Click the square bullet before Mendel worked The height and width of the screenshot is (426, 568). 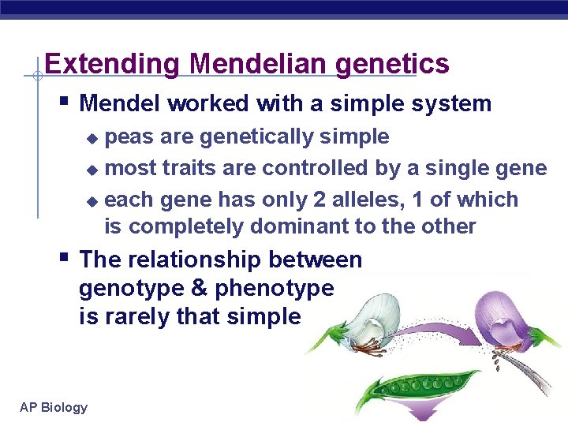[65, 102]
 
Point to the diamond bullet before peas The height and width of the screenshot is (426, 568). [92, 138]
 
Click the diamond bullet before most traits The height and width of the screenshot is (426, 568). [92, 170]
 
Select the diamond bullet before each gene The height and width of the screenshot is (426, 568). [92, 201]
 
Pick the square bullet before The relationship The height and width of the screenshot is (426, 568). [65, 258]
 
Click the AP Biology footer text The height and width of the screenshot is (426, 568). [54, 407]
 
